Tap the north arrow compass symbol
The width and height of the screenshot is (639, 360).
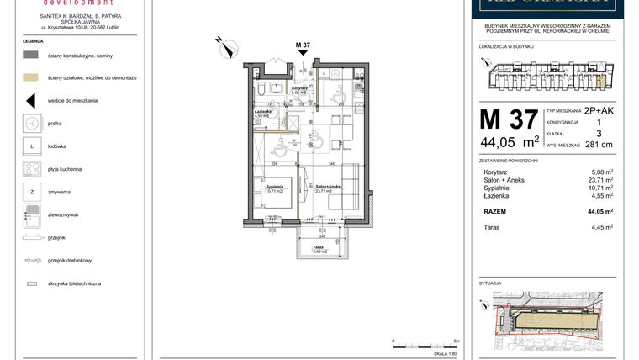pyautogui.click(x=225, y=46)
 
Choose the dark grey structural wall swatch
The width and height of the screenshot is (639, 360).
pyautogui.click(x=29, y=54)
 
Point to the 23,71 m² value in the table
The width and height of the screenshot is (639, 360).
pyautogui.click(x=599, y=179)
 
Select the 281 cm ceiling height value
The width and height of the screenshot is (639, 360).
pyautogui.click(x=599, y=145)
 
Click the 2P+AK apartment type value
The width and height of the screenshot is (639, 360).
pyautogui.click(x=599, y=110)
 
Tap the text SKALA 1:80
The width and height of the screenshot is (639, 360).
pyautogui.click(x=446, y=354)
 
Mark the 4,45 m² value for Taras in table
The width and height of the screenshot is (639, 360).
pyautogui.click(x=600, y=227)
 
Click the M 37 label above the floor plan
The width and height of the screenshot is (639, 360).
pyautogui.click(x=304, y=44)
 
